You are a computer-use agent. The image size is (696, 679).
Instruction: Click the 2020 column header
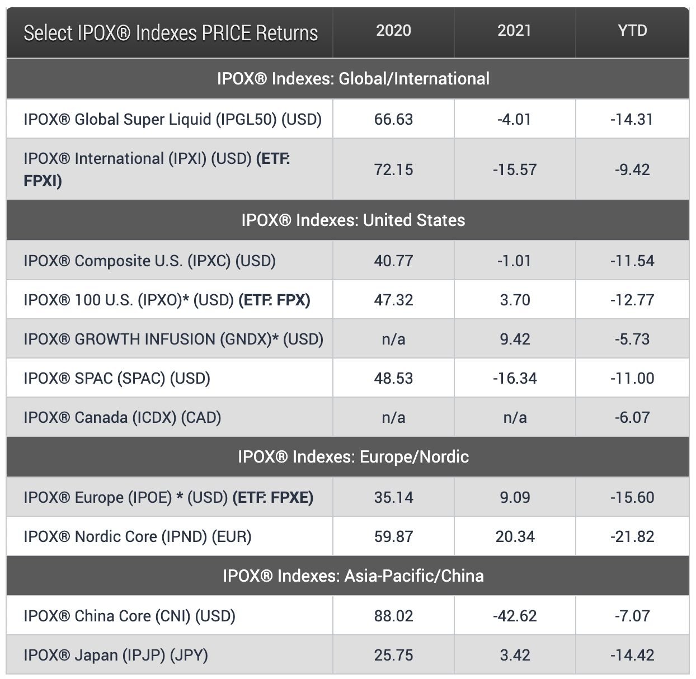pyautogui.click(x=393, y=30)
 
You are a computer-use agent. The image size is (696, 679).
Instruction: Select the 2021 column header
pyautogui.click(x=514, y=30)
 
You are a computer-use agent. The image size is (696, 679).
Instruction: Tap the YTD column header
pyautogui.click(x=632, y=30)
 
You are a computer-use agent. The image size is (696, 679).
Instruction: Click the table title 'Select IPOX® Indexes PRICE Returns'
pyautogui.click(x=171, y=33)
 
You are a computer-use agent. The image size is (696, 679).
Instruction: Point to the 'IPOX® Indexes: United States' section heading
pyautogui.click(x=353, y=220)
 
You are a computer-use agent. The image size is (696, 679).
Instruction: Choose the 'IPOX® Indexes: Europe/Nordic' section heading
pyautogui.click(x=353, y=456)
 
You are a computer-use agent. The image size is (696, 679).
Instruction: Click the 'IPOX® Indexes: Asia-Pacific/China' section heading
pyautogui.click(x=353, y=576)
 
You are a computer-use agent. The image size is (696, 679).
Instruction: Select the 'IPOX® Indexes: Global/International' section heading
pyautogui.click(x=353, y=78)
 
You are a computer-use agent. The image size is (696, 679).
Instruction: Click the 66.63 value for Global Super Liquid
pyautogui.click(x=393, y=119)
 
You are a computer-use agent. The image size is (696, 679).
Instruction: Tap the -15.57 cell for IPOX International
pyautogui.click(x=515, y=169)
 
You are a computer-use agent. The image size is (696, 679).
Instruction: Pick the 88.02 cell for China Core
pyautogui.click(x=393, y=616)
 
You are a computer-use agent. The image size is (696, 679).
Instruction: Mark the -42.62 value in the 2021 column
pyautogui.click(x=515, y=616)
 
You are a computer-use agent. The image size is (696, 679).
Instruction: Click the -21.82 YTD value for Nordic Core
pyautogui.click(x=632, y=536)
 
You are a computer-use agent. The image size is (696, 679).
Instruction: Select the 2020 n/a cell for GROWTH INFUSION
pyautogui.click(x=393, y=339)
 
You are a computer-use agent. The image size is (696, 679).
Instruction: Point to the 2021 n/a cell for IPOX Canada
pyautogui.click(x=515, y=417)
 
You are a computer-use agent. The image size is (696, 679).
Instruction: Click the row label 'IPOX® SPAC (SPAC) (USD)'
pyautogui.click(x=117, y=378)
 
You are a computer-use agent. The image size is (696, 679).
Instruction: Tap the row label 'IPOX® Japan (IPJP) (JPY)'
pyautogui.click(x=116, y=655)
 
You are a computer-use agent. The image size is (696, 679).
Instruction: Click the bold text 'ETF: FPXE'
pyautogui.click(x=273, y=497)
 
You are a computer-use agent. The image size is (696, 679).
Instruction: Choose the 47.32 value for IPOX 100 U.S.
pyautogui.click(x=393, y=300)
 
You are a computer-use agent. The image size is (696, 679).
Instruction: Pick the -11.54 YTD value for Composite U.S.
pyautogui.click(x=632, y=261)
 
